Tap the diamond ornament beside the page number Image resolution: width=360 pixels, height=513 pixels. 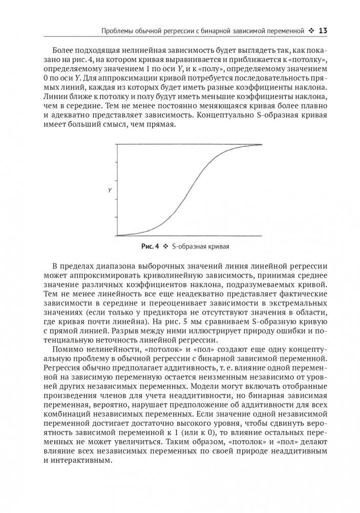click(311, 31)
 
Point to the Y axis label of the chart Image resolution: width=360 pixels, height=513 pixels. click(110, 191)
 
